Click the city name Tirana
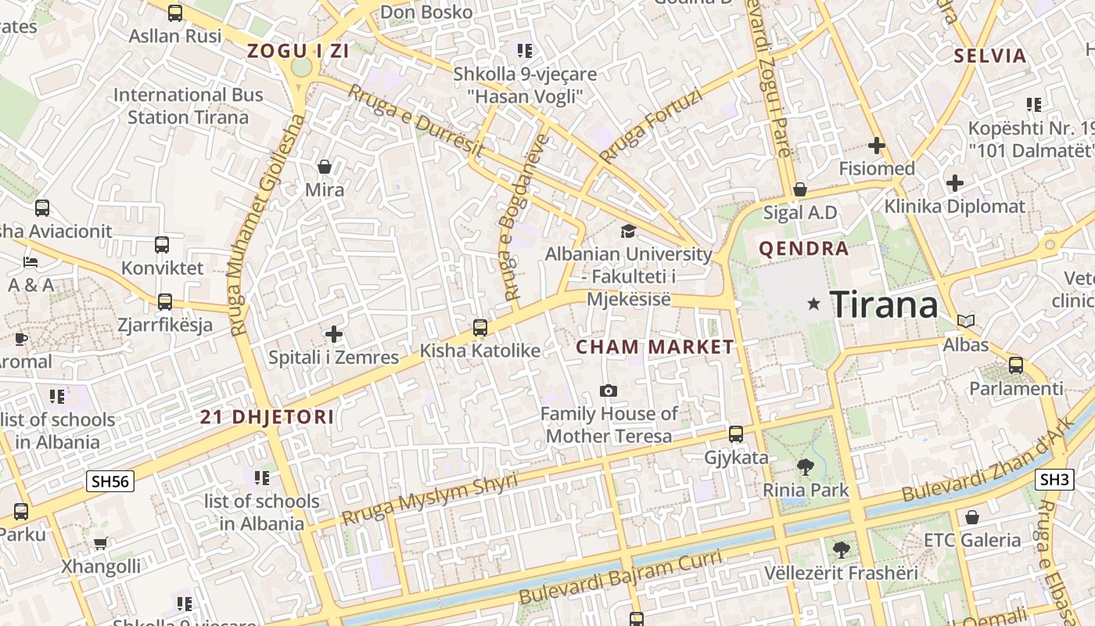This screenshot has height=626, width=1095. click(x=883, y=304)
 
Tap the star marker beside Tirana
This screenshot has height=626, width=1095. click(x=814, y=303)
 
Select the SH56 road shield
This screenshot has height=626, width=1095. click(x=110, y=481)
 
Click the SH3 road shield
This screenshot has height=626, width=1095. click(x=1054, y=480)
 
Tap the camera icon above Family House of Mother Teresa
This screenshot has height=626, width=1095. click(x=608, y=390)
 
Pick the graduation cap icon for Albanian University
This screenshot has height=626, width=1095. click(x=628, y=231)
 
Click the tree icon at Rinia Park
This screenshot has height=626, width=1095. click(x=805, y=467)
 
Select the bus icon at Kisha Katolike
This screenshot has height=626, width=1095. click(x=480, y=327)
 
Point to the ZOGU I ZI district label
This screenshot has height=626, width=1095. click(x=298, y=52)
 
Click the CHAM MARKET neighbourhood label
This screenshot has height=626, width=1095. click(x=655, y=347)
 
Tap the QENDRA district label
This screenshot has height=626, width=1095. click(x=803, y=249)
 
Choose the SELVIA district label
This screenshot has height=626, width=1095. click(x=989, y=56)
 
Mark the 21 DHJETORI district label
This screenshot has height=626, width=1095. click(x=267, y=417)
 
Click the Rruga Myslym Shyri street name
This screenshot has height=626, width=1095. click(x=429, y=500)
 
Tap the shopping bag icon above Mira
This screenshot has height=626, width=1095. click(x=325, y=167)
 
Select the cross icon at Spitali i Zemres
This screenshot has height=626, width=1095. click(x=334, y=335)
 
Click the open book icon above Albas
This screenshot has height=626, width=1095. click(x=966, y=321)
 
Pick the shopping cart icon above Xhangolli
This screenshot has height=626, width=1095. click(x=100, y=543)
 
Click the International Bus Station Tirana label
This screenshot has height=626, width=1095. click(x=188, y=106)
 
